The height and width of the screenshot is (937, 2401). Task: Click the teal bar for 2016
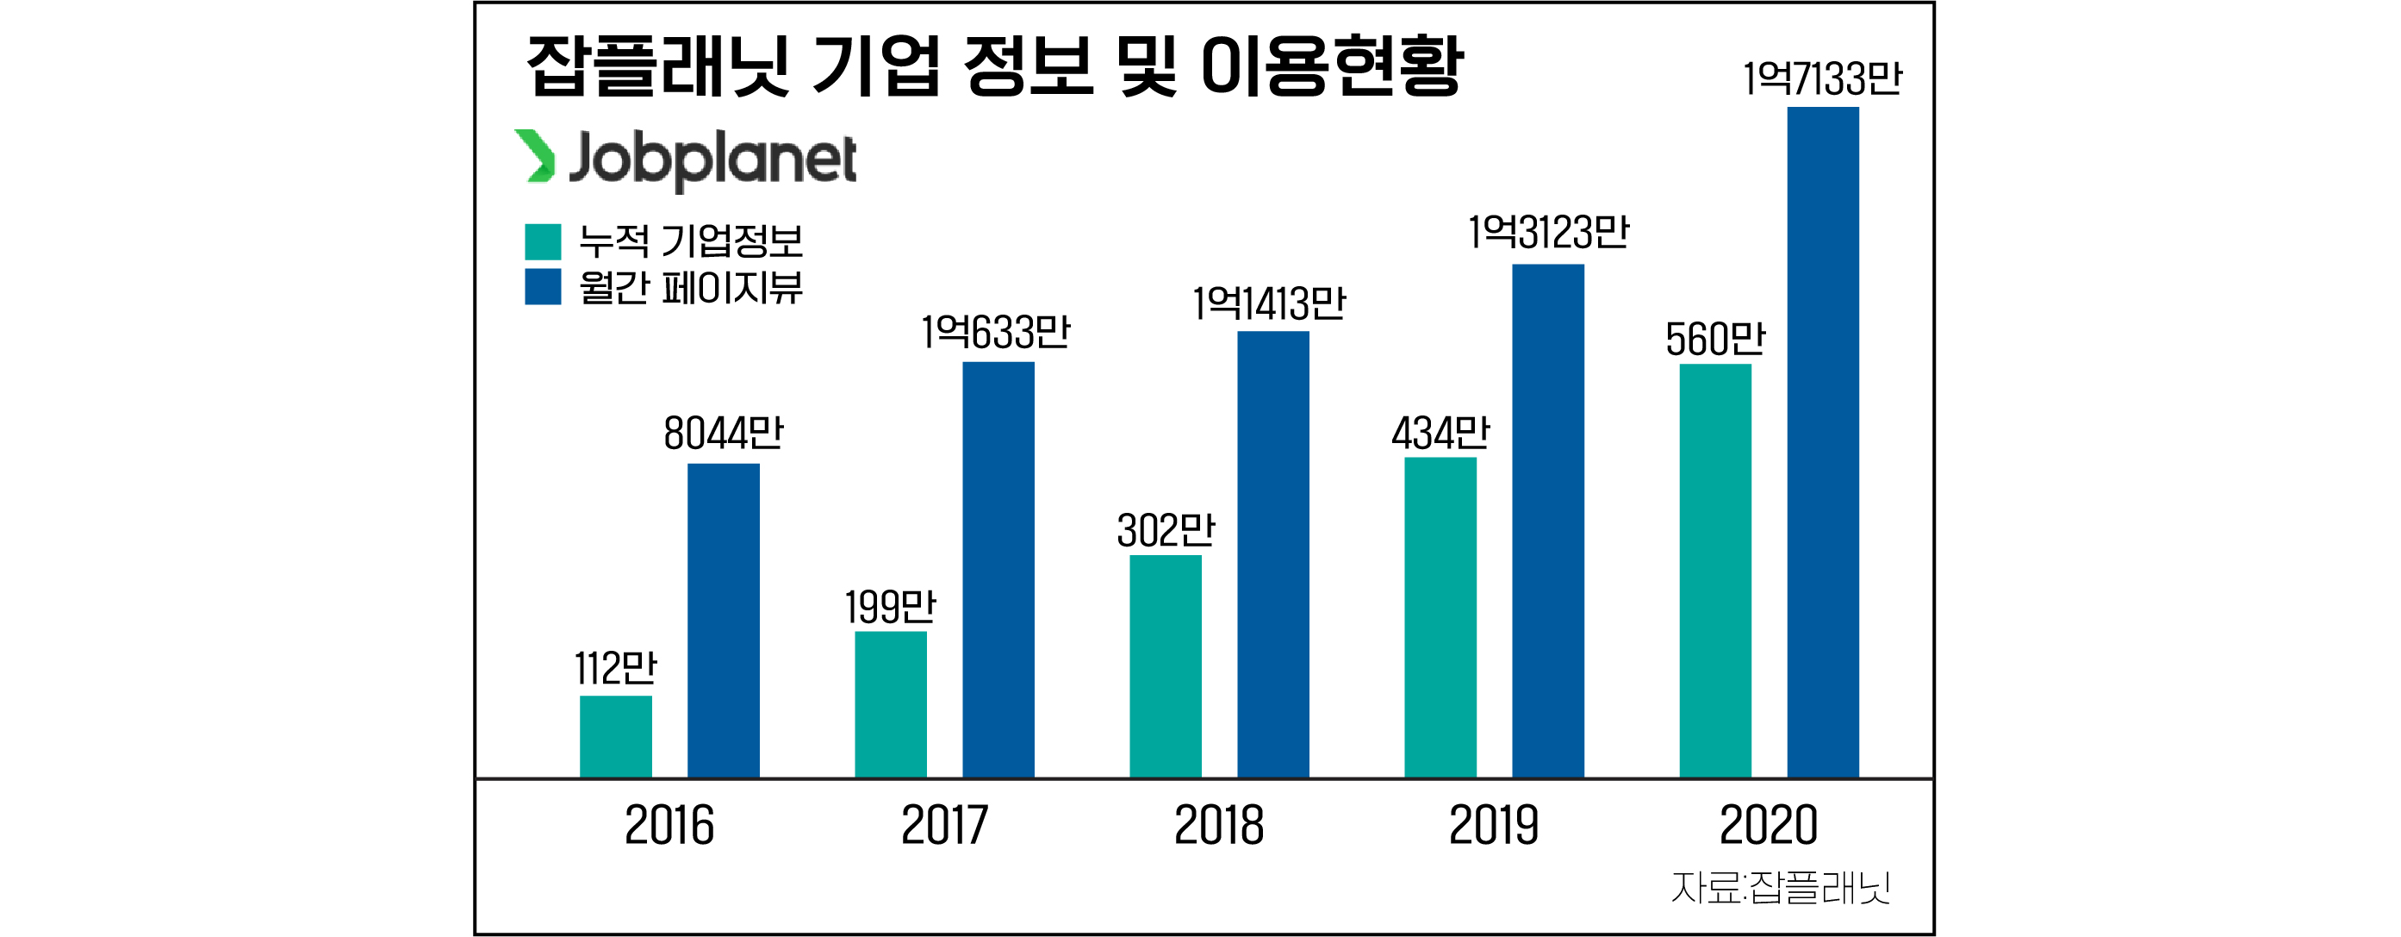[x=615, y=735]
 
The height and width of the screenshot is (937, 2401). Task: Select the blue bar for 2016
[x=724, y=620]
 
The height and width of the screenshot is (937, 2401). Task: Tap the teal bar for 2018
[x=1165, y=665]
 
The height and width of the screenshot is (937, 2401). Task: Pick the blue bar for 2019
[x=1547, y=521]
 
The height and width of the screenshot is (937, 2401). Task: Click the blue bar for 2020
[x=1822, y=442]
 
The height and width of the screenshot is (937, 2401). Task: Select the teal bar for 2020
[x=1715, y=571]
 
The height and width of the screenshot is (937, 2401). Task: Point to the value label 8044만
[x=724, y=434]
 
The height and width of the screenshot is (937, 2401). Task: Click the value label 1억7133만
[x=1822, y=78]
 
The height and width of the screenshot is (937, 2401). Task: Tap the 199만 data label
[x=890, y=608]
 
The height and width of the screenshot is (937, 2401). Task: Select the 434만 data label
[x=1440, y=434]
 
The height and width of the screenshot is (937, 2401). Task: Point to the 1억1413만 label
[x=1270, y=304]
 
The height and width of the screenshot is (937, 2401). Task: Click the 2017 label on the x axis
[x=944, y=825]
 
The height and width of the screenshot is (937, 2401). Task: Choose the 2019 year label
[x=1493, y=825]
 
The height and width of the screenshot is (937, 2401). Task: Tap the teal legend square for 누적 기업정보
[x=543, y=241]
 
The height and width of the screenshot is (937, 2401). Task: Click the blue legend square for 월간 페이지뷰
[x=543, y=286]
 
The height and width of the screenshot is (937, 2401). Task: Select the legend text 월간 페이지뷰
[x=690, y=287]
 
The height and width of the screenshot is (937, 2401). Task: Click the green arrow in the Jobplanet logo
[x=535, y=156]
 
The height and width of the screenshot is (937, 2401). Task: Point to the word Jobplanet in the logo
[x=712, y=159]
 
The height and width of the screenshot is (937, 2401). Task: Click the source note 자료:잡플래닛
[x=1780, y=888]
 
